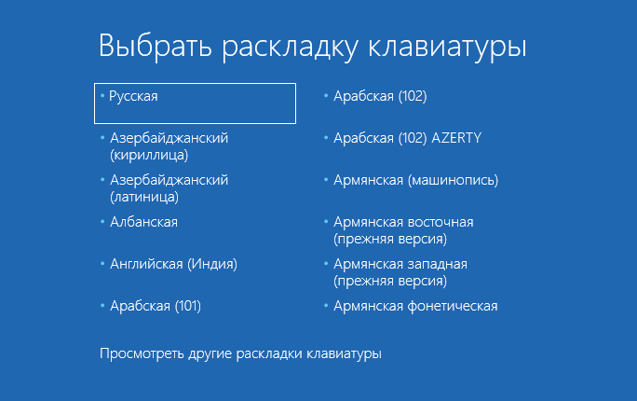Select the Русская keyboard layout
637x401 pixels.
(x=133, y=96)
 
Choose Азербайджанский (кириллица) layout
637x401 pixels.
(x=169, y=146)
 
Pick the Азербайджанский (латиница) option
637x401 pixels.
(x=169, y=188)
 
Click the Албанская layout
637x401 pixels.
(x=143, y=222)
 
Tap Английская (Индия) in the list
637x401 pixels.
(x=173, y=264)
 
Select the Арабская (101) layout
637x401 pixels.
(x=156, y=306)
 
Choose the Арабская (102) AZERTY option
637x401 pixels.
(x=408, y=138)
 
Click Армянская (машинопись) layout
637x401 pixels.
(x=415, y=180)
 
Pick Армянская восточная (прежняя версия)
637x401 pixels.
(x=403, y=230)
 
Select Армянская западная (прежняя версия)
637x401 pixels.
(x=400, y=272)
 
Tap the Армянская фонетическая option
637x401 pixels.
(x=415, y=306)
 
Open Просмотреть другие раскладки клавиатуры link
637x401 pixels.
(x=240, y=353)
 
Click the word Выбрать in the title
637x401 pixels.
(x=156, y=46)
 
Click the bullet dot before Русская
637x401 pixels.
(x=102, y=95)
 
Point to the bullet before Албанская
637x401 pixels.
(x=102, y=222)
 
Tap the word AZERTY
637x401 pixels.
(x=456, y=138)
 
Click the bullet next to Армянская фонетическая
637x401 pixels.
(x=326, y=306)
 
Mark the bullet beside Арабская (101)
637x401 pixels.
(x=102, y=306)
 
